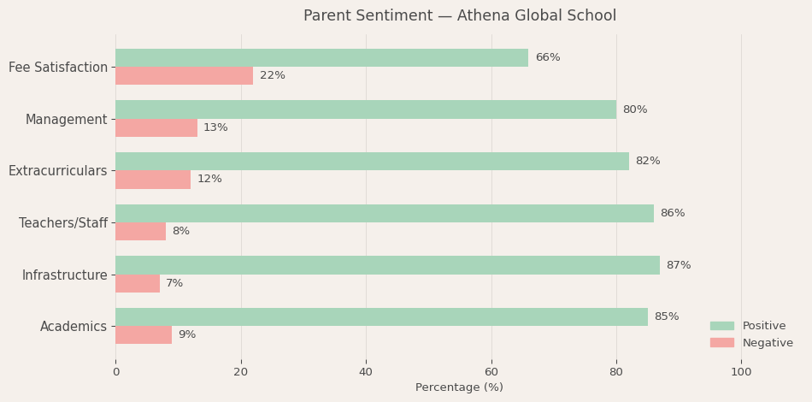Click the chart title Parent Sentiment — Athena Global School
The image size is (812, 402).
(x=459, y=16)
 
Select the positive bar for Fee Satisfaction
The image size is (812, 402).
(x=321, y=57)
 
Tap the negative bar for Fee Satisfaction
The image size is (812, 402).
(x=184, y=75)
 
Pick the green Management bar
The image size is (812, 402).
(x=366, y=109)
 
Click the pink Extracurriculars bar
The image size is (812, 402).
(x=153, y=180)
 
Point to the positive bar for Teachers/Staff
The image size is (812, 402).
(x=385, y=213)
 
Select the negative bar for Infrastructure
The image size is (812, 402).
(x=138, y=283)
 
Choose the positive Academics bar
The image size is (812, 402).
(x=381, y=316)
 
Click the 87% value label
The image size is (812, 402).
(x=679, y=265)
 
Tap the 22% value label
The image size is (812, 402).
(x=273, y=75)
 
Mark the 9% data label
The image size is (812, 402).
(x=187, y=334)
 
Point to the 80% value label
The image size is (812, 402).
(x=635, y=109)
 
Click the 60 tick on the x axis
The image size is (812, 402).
(x=491, y=372)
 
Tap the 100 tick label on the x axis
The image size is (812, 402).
(x=741, y=372)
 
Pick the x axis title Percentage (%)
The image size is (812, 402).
(x=459, y=387)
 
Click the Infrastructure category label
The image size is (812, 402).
(x=65, y=275)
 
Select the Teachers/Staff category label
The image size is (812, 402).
(x=63, y=223)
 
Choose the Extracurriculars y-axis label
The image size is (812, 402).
(x=58, y=171)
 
